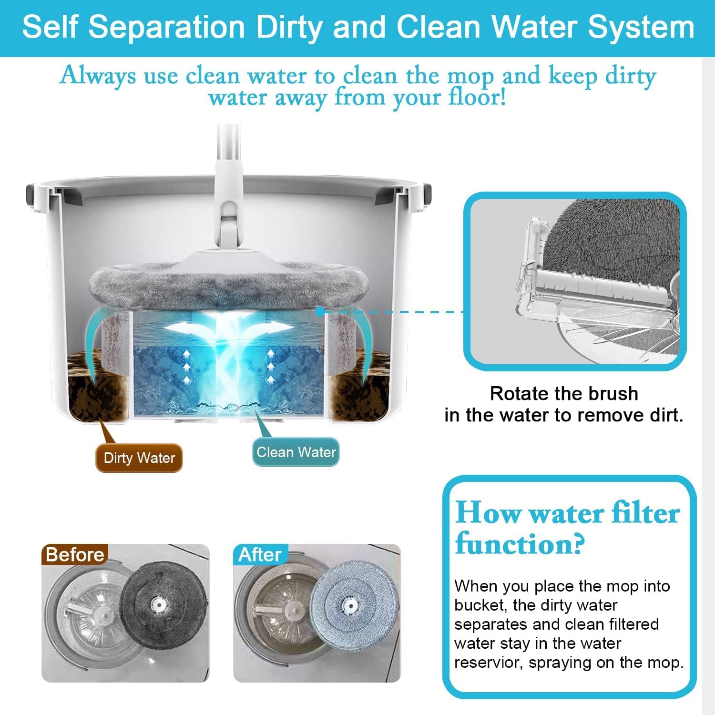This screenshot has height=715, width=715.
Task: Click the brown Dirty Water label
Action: pyautogui.click(x=139, y=458)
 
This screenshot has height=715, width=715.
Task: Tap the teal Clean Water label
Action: pyautogui.click(x=296, y=452)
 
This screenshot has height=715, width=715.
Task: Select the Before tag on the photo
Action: pyautogui.click(x=75, y=554)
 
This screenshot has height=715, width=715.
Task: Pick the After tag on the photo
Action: pyautogui.click(x=260, y=554)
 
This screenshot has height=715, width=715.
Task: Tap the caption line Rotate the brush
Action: pyautogui.click(x=564, y=394)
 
